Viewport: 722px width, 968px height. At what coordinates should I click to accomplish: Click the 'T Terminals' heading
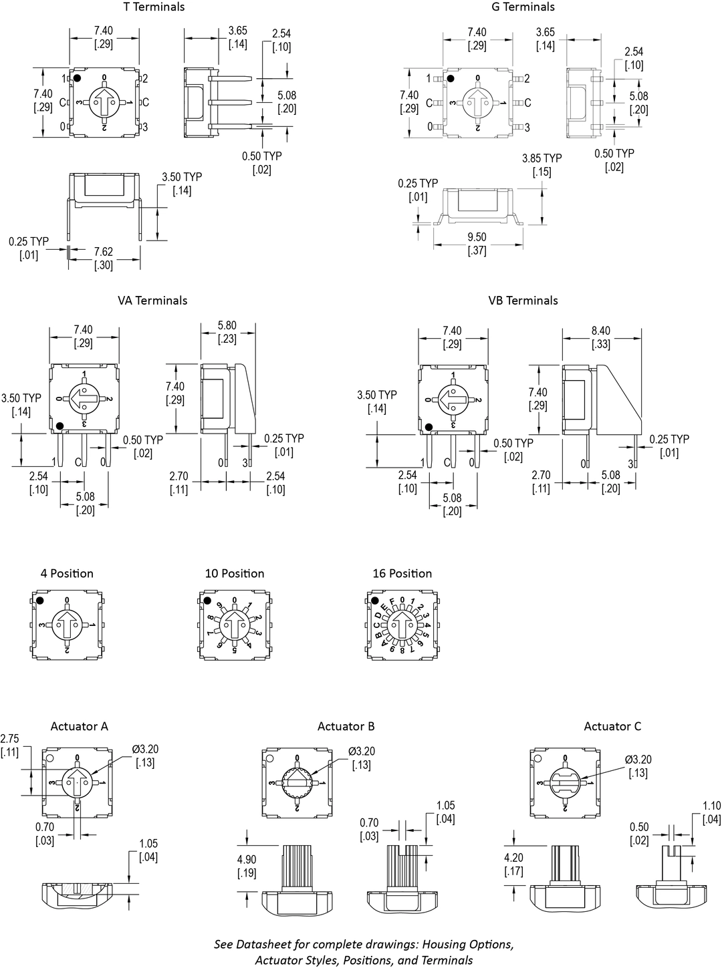tap(154, 7)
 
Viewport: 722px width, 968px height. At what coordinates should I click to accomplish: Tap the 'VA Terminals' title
tap(152, 301)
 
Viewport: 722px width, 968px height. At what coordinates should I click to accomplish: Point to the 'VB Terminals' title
tap(523, 301)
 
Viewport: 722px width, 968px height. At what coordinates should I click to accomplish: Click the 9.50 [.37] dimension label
tap(477, 244)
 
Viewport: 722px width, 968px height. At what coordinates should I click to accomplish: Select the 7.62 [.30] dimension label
tap(103, 258)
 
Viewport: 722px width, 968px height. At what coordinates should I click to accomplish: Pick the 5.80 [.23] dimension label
tap(227, 333)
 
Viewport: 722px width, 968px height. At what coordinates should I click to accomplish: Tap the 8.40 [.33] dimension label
tap(601, 337)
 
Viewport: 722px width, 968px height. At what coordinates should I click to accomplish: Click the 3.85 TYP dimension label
tap(542, 165)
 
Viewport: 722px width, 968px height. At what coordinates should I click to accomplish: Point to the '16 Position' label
tap(402, 574)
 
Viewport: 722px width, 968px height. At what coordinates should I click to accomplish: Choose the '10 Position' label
tap(234, 574)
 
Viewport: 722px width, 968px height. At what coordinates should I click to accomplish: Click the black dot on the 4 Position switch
tap(39, 600)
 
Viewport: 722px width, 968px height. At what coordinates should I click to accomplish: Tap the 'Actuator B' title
tap(346, 727)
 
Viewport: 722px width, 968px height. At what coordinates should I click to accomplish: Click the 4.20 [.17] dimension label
tap(513, 864)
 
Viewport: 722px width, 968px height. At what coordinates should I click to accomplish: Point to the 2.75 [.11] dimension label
tap(9, 746)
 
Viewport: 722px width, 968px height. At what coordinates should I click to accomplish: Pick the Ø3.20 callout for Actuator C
tap(638, 766)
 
